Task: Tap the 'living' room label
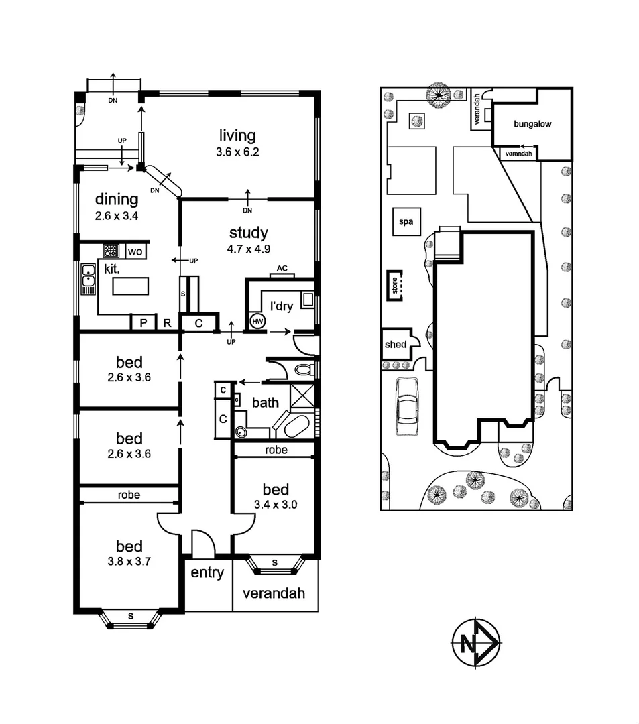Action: tap(237, 136)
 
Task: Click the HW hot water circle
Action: tap(257, 322)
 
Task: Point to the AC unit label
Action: tap(282, 269)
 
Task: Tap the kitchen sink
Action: tap(88, 280)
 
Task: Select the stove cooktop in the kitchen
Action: tap(111, 251)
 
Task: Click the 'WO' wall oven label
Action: tap(135, 252)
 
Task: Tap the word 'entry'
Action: tap(207, 573)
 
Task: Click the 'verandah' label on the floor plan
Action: tap(274, 593)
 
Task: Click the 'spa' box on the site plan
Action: tap(405, 221)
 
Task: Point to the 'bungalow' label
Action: tap(532, 124)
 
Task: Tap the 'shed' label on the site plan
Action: tap(395, 345)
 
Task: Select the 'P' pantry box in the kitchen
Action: tap(143, 323)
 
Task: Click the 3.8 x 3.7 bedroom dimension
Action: tap(129, 562)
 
